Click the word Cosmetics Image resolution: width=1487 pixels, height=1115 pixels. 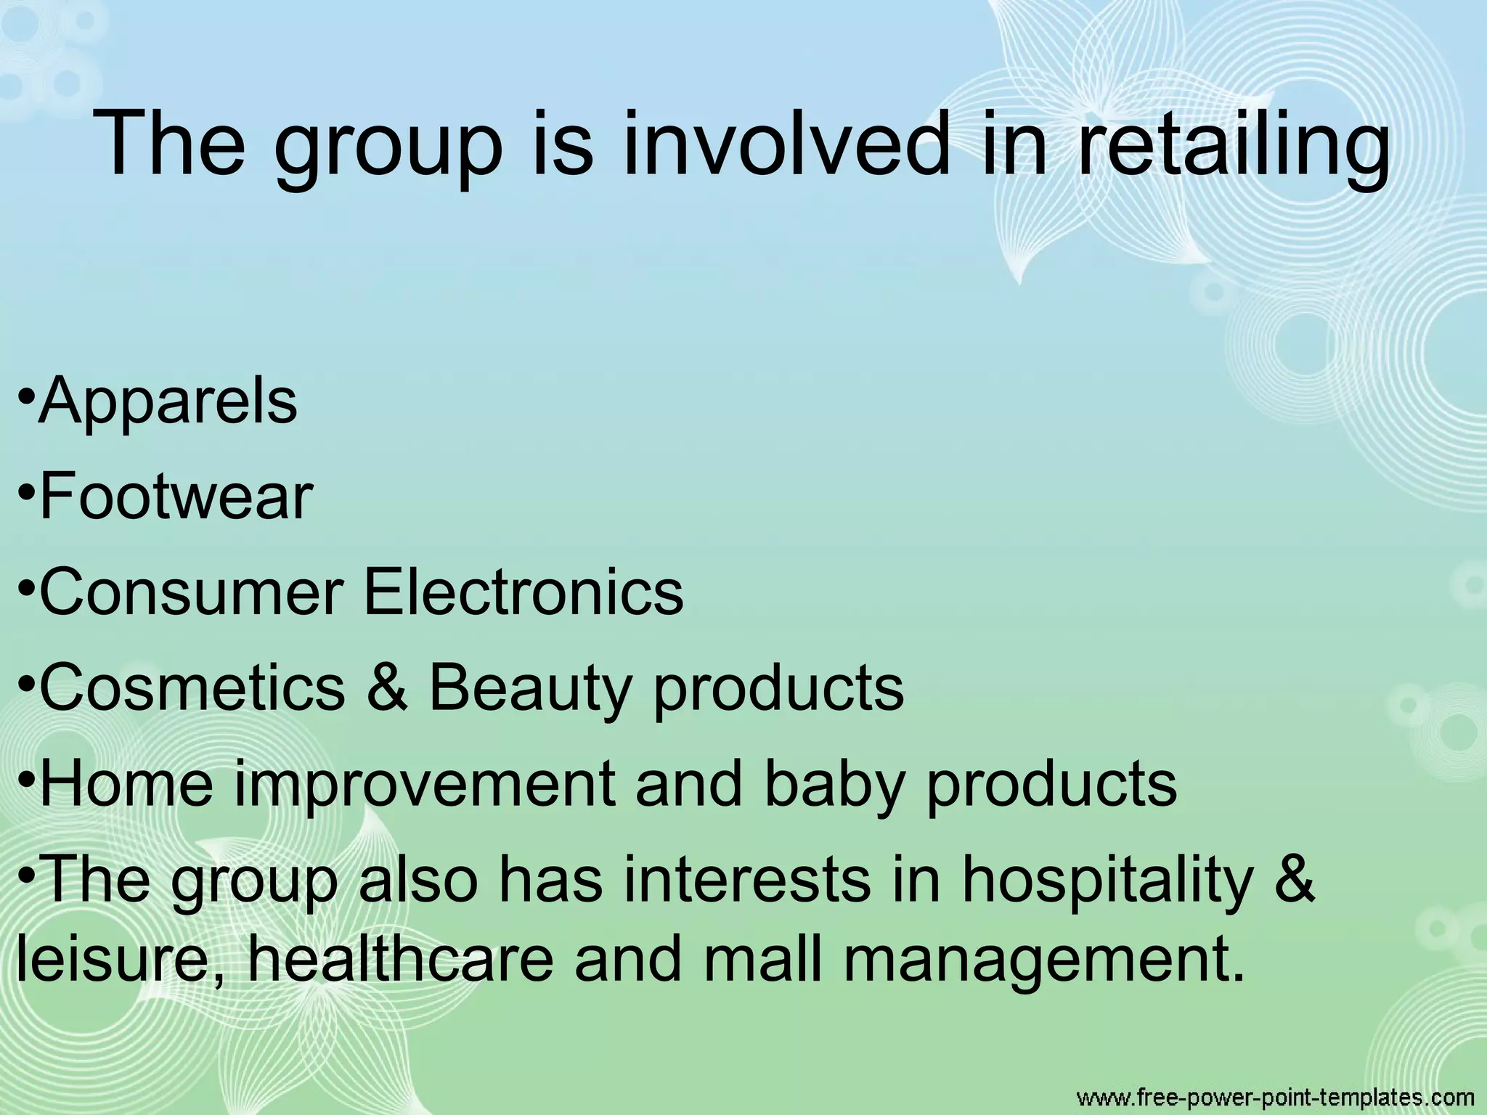192,687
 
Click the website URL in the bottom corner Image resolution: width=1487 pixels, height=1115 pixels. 1274,1096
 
